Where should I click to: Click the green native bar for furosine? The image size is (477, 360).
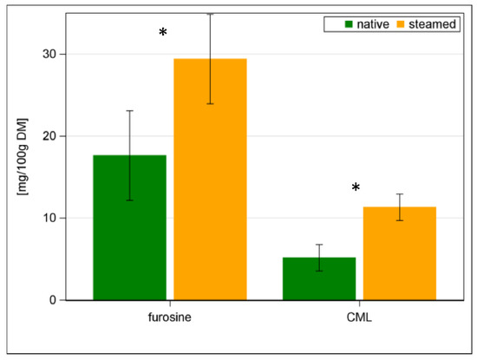(129, 227)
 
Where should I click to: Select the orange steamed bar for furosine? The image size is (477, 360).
(210, 179)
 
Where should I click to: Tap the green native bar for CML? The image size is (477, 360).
(318, 278)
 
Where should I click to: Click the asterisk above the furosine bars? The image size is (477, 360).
(163, 33)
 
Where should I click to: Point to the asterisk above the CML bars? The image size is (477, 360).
(356, 187)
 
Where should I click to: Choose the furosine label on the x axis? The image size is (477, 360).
(170, 318)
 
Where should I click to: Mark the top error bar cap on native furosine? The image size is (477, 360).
(129, 111)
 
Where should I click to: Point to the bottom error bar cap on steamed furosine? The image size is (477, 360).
(210, 104)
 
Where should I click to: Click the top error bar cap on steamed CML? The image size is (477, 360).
(399, 194)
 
